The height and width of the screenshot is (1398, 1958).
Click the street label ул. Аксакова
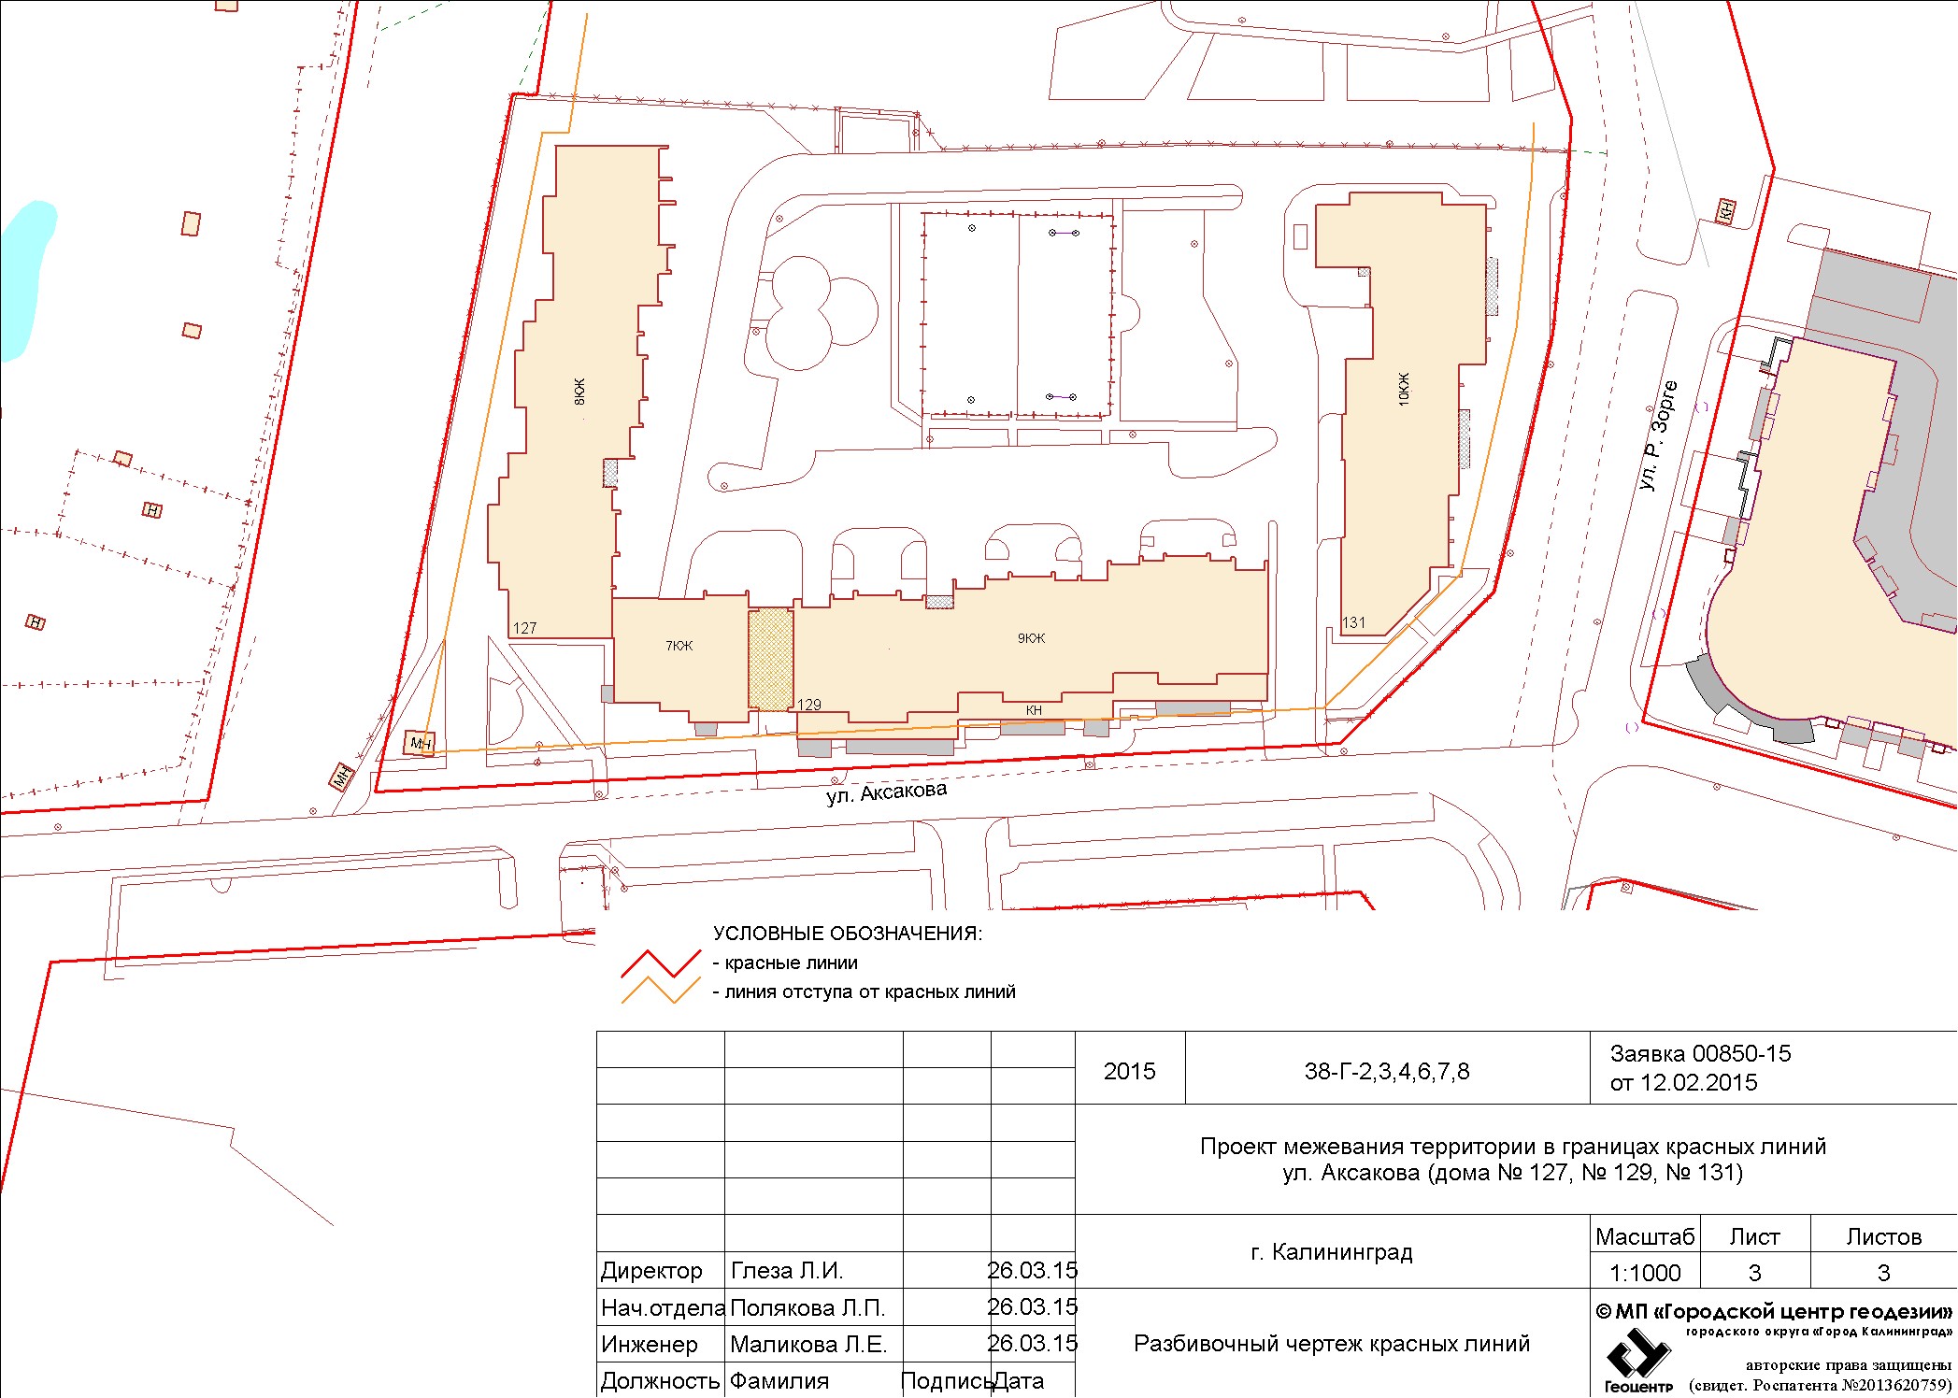point(886,793)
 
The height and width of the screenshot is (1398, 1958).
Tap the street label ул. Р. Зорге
point(1658,435)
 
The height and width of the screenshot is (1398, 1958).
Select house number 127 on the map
point(525,628)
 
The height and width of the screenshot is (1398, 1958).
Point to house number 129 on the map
point(809,705)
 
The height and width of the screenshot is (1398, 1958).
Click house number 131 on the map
point(1353,622)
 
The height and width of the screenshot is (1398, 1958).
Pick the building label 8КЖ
point(579,391)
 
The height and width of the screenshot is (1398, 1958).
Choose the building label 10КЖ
point(1404,389)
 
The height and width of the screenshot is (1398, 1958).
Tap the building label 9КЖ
point(1032,638)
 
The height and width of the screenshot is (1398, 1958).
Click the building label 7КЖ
point(679,646)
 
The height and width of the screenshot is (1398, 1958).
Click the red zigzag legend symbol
point(661,963)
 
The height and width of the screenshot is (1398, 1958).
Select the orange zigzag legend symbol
point(661,991)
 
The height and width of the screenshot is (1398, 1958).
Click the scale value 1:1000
point(1645,1273)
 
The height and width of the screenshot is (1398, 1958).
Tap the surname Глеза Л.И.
point(787,1271)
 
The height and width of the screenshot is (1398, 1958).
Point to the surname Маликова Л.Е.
point(808,1345)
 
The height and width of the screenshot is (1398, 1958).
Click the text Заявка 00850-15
point(1701,1054)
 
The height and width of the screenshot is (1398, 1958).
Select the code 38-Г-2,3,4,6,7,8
point(1387,1072)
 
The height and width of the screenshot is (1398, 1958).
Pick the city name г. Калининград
point(1332,1252)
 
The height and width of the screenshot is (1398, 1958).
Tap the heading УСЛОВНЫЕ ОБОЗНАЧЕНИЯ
point(848,934)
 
